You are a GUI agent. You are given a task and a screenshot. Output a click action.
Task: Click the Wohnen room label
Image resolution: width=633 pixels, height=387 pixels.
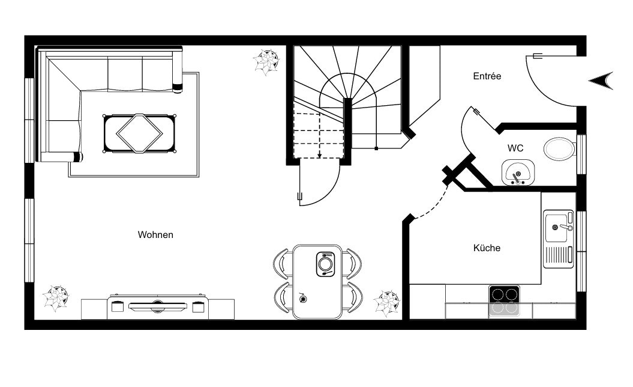(x=155, y=234)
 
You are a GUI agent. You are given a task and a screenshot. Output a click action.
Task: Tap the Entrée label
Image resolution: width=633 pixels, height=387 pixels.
(x=487, y=76)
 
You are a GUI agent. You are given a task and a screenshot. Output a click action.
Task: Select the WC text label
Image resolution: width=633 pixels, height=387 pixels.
(x=515, y=148)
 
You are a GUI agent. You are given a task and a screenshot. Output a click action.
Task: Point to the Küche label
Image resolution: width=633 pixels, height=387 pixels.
(x=487, y=248)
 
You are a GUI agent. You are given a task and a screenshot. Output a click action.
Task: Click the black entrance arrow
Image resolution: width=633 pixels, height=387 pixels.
(x=602, y=81)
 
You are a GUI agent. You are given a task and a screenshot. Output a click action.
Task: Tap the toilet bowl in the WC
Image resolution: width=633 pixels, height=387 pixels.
(x=559, y=149)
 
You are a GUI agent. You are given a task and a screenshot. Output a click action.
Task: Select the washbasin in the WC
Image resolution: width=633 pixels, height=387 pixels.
(x=518, y=172)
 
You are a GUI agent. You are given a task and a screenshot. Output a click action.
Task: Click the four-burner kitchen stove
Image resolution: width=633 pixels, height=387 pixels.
(x=505, y=300)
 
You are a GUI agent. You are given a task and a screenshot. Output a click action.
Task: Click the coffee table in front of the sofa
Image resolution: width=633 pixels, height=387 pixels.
(x=140, y=134)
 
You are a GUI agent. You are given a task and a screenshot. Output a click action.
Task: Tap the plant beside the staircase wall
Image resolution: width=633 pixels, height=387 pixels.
(x=266, y=62)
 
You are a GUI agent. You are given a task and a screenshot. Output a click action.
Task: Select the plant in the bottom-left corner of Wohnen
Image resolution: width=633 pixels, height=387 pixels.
(x=56, y=299)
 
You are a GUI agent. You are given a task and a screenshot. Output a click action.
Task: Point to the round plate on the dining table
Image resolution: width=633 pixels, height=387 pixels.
(x=325, y=264)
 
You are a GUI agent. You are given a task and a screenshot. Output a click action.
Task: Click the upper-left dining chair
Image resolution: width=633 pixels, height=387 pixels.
(x=283, y=263)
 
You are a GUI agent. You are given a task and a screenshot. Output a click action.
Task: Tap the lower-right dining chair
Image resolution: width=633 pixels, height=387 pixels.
(x=353, y=297)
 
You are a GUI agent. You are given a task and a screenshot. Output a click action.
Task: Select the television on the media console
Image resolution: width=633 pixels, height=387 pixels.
(x=158, y=306)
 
